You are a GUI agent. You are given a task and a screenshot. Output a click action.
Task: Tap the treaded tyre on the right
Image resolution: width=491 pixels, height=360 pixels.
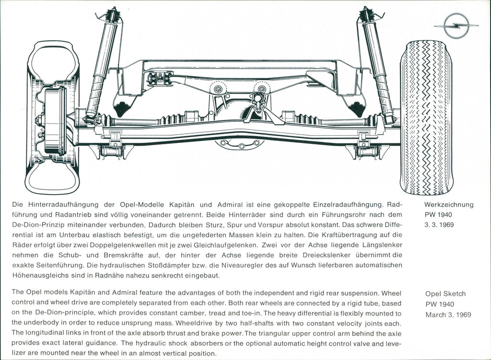[426, 117]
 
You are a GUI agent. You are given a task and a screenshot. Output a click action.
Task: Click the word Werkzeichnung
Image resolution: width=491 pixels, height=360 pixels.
[449, 205]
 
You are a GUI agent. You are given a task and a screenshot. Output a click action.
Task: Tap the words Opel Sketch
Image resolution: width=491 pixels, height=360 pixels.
[445, 294]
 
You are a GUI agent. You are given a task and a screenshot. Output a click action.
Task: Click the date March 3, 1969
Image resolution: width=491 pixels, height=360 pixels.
[448, 315]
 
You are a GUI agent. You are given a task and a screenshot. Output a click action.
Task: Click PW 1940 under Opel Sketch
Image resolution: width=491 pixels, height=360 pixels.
[439, 304]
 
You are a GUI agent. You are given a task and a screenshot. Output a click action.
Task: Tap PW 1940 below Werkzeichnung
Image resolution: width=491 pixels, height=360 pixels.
[439, 215]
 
